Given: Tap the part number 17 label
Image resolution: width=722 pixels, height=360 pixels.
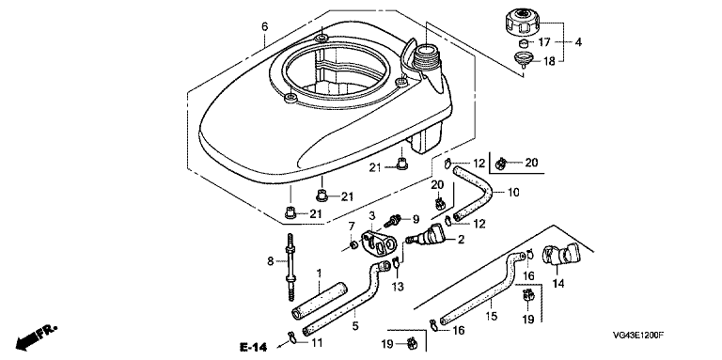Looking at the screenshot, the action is [544, 42].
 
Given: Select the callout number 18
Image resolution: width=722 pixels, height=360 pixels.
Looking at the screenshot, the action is [550, 61].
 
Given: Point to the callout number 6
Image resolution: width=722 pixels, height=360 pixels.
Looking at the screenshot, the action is [265, 26].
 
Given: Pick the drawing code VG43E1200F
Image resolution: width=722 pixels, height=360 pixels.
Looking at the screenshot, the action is [638, 337].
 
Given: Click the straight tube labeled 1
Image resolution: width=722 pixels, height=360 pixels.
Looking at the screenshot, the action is [320, 301].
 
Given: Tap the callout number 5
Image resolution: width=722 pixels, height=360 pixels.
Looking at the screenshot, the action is [355, 326].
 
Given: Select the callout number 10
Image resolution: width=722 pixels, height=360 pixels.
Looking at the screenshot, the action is [513, 192].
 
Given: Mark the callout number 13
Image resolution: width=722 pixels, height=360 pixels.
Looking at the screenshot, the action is [398, 287].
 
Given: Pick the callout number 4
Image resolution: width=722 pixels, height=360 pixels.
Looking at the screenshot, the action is [578, 42].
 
